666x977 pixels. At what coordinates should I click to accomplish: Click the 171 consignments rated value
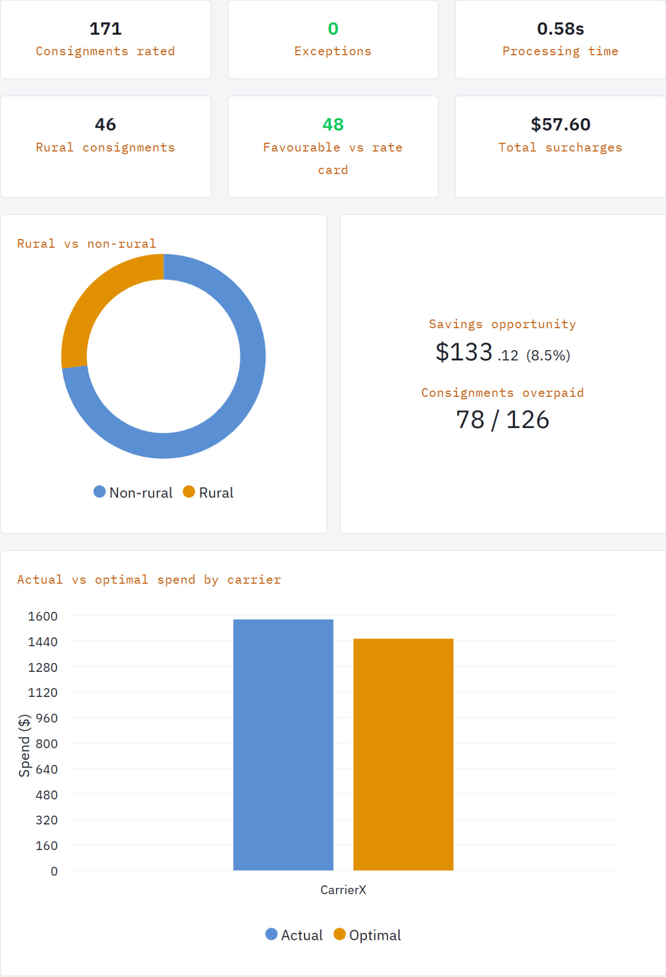[x=106, y=29]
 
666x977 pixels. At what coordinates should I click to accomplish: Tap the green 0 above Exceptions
[x=333, y=29]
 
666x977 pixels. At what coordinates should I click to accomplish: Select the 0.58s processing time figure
[x=560, y=29]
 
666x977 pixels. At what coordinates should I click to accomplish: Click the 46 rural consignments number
[x=106, y=124]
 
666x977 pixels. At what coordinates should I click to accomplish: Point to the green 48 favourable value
[x=333, y=124]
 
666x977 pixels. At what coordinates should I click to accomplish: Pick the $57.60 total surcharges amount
[x=560, y=124]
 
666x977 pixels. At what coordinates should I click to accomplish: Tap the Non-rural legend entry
[x=133, y=493]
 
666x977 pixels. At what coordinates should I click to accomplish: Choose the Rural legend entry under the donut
[x=209, y=493]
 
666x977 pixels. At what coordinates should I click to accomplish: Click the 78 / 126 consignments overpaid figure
[x=503, y=420]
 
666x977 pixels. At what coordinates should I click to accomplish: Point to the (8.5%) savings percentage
[x=548, y=356]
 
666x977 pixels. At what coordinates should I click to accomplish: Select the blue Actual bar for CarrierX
[x=283, y=745]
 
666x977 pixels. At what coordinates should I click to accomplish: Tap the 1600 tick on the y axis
[x=43, y=617]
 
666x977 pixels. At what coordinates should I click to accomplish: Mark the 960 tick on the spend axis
[x=46, y=718]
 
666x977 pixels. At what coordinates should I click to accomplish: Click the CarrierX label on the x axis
[x=343, y=890]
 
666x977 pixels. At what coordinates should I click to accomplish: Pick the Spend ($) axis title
[x=24, y=746]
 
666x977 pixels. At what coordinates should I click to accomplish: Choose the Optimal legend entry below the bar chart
[x=367, y=935]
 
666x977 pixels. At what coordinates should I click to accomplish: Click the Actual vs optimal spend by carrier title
[x=149, y=580]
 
